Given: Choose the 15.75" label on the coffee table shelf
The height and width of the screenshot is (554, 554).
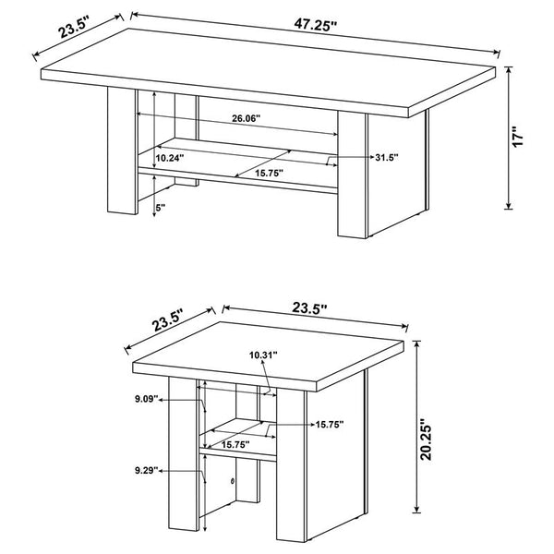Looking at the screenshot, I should (269, 173).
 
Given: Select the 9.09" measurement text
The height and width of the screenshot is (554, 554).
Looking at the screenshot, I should (145, 400).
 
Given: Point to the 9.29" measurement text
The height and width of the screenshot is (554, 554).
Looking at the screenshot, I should (145, 471).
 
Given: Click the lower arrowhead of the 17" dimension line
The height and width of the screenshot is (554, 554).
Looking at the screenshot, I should (507, 206).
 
